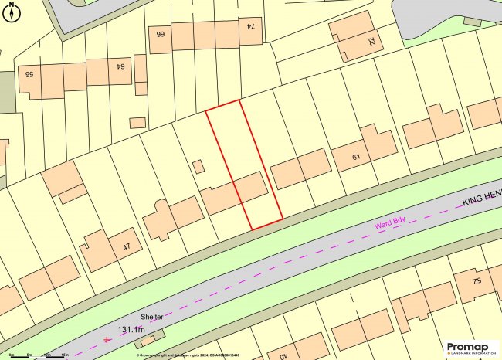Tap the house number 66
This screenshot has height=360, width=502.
[x=161, y=35]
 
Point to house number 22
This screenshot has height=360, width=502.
[x=371, y=43]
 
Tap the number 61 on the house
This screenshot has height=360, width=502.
[x=356, y=158]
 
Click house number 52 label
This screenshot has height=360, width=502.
[x=477, y=280]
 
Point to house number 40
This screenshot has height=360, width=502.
[x=283, y=355]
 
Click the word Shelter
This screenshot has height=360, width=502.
[x=152, y=317]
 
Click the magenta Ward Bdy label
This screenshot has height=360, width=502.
[x=390, y=224]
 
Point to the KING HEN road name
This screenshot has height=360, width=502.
[x=481, y=199]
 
